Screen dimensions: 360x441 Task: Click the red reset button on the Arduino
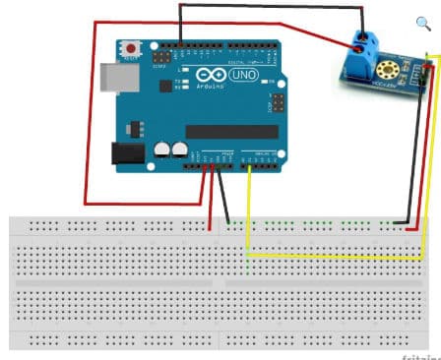[130, 46]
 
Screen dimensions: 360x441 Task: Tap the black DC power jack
[126, 152]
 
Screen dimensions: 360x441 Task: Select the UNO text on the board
[241, 75]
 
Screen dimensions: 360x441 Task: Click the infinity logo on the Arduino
[212, 75]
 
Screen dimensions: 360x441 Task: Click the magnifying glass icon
[424, 25]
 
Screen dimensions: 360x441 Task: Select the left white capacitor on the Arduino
[162, 150]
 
